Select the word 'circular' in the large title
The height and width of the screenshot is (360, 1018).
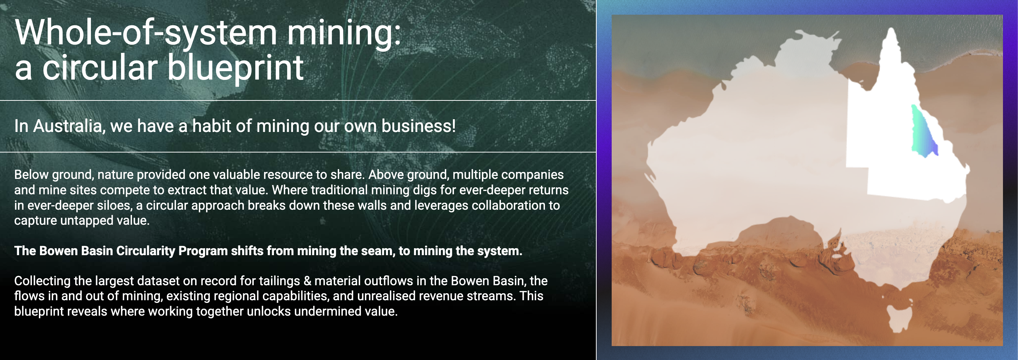pyautogui.click(x=100, y=67)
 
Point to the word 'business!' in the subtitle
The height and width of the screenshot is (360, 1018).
pyautogui.click(x=418, y=126)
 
